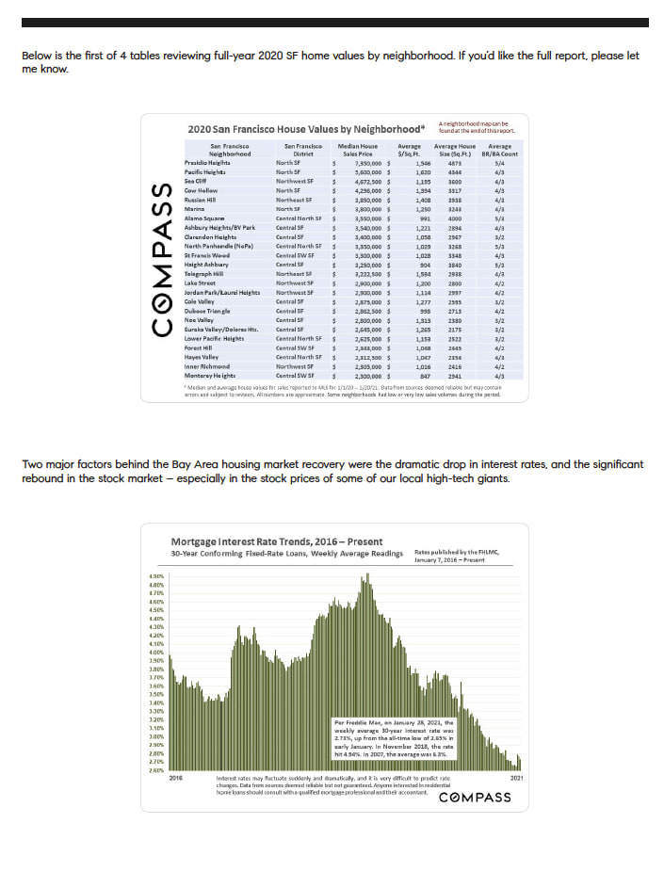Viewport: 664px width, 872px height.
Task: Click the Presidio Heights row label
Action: pos(207,163)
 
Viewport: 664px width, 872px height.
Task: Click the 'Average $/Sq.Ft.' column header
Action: pos(410,151)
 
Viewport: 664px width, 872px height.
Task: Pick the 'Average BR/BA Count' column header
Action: pos(500,151)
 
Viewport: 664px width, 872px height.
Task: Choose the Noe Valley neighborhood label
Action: pos(200,320)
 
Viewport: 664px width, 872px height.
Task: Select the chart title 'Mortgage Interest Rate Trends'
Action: pos(264,541)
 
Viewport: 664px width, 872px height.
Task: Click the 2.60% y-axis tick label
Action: pos(156,770)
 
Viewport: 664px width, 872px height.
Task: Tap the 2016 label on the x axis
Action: pos(176,778)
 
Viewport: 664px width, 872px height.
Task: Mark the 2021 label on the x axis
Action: pos(517,778)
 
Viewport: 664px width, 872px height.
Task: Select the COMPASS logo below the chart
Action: pos(475,798)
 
